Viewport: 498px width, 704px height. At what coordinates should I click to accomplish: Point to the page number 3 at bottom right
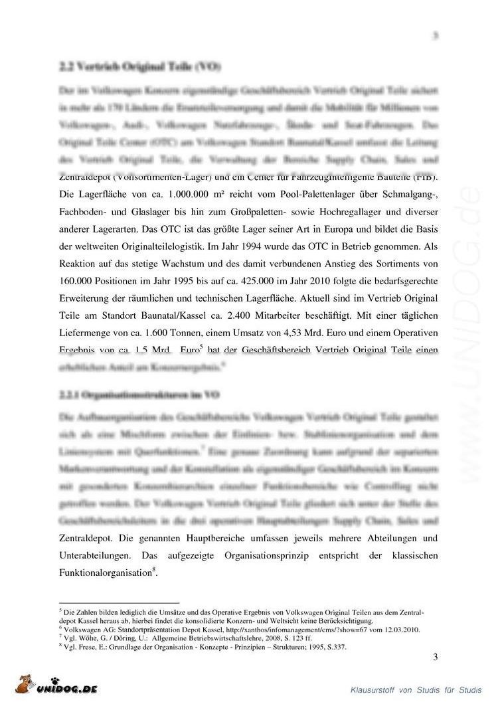tap(436, 658)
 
